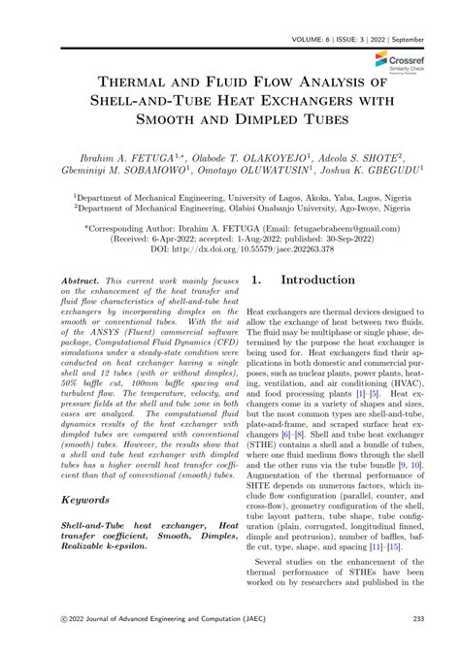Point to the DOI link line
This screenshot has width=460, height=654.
point(229,247)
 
